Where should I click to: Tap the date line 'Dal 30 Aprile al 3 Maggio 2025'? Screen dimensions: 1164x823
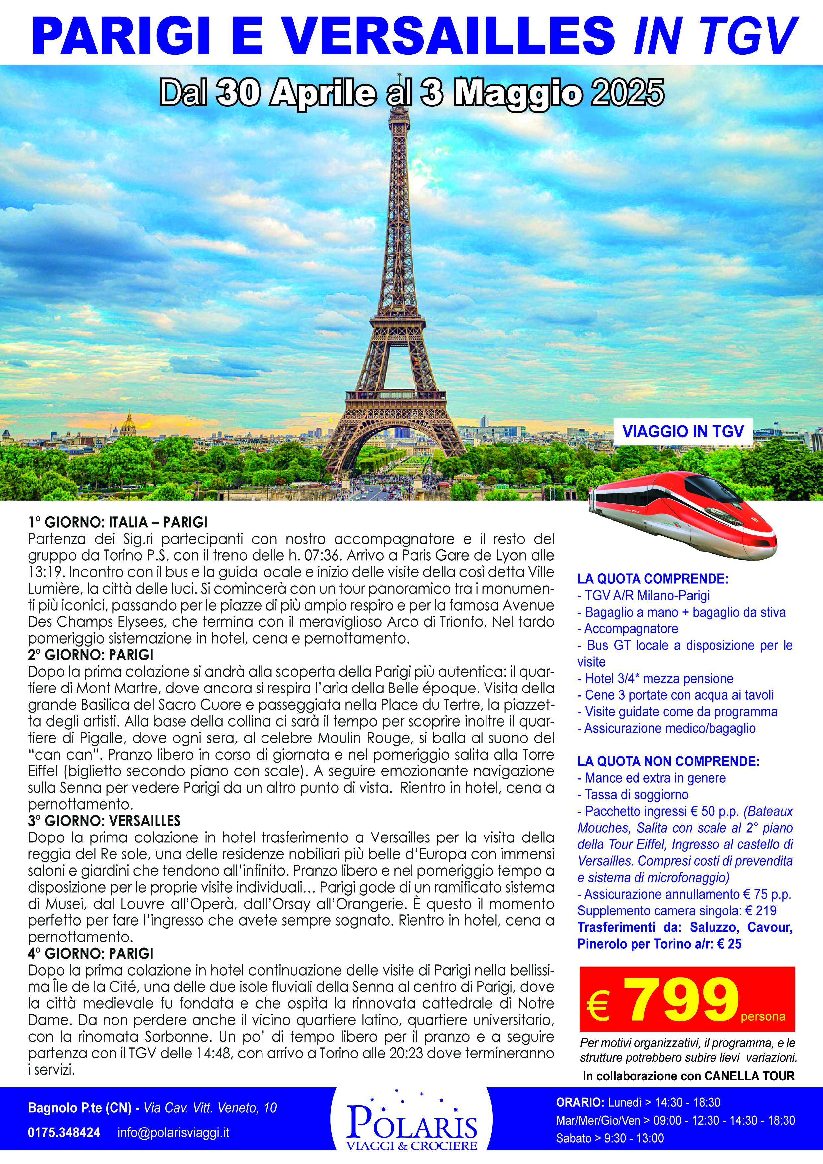click(411, 93)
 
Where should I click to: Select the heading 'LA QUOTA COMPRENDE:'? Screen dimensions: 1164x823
click(653, 579)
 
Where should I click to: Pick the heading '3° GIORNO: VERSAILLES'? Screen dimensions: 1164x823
click(104, 821)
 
